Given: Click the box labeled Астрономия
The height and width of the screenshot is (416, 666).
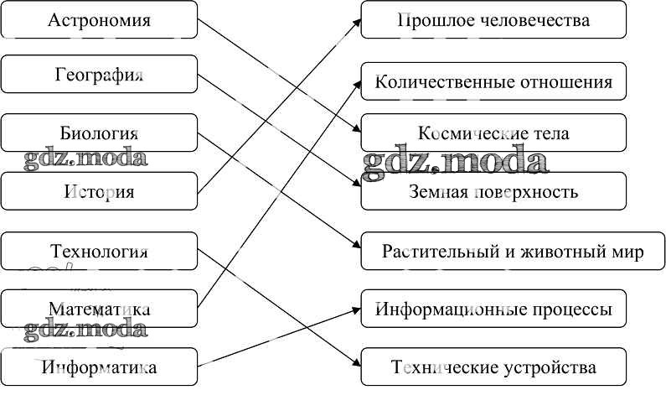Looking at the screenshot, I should click(x=99, y=19).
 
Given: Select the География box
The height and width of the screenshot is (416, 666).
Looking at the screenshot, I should click(x=99, y=75).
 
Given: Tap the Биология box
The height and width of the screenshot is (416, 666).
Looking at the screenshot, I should click(x=99, y=133).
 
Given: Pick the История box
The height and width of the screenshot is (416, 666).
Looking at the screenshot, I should click(x=99, y=191).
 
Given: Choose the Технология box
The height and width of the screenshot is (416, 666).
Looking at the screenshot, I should click(x=99, y=252).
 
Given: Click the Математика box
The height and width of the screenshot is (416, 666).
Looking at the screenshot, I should click(x=99, y=309).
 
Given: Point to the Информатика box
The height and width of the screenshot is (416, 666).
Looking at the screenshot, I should click(x=99, y=367).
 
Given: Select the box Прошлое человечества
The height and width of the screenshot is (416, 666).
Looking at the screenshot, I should click(x=493, y=19).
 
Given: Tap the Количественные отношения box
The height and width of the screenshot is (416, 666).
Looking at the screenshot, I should click(x=493, y=82).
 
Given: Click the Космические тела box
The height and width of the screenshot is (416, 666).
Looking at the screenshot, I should click(x=493, y=133).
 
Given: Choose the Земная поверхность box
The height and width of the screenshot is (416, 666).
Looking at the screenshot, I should click(x=493, y=191).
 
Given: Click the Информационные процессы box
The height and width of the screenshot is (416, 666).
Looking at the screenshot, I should click(x=493, y=309).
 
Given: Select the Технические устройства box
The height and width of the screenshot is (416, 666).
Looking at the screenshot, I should click(x=493, y=367).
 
